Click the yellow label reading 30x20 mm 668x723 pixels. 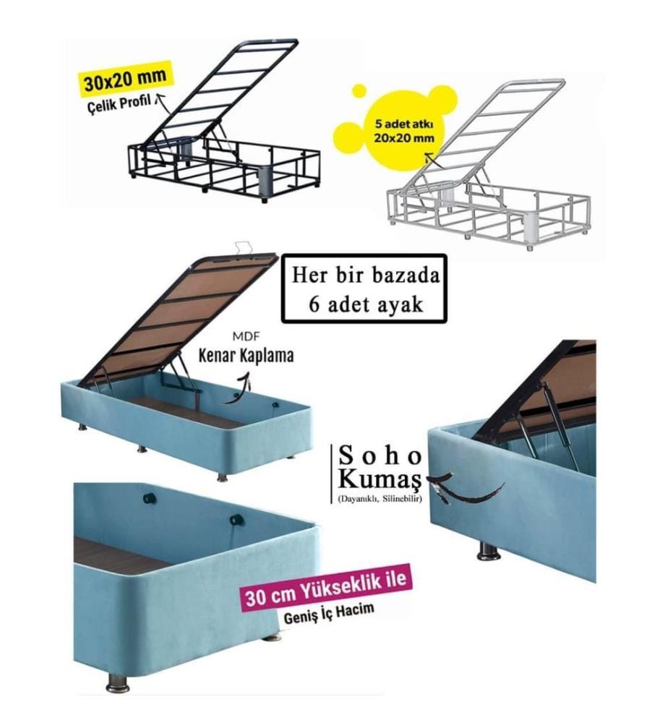pos(125,80)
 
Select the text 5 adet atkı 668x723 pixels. pos(404,124)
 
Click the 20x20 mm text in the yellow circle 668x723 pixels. pos(404,137)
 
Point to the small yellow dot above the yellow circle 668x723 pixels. pos(359,90)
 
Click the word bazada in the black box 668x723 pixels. pos(406,275)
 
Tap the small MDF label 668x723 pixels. pos(247,337)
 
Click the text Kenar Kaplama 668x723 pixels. pos(246,356)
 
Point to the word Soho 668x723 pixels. pos(380,456)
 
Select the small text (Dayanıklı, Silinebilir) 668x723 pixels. pos(380,498)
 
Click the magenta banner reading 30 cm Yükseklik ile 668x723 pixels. pos(325,590)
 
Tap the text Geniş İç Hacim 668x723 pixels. pos(328,615)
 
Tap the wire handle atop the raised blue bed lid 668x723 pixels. pos(245,247)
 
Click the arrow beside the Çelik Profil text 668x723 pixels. pos(160,101)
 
